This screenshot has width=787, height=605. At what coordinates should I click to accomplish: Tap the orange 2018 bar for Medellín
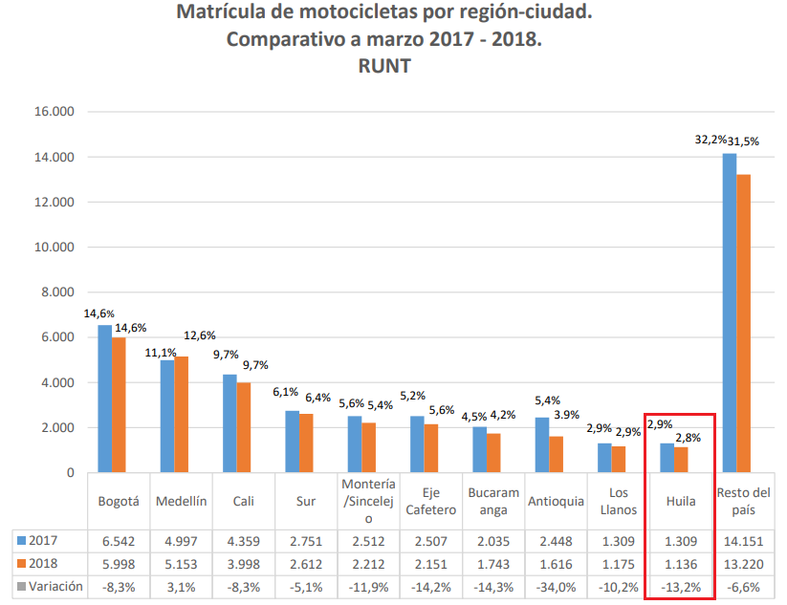(182, 414)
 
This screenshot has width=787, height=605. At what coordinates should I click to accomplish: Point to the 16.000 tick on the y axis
(55, 112)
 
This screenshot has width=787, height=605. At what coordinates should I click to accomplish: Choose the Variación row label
(49, 586)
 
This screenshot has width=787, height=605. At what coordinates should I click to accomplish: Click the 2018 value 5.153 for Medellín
(181, 563)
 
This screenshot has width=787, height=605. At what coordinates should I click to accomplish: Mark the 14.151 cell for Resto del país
(743, 539)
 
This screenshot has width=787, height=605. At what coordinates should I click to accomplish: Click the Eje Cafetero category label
(430, 502)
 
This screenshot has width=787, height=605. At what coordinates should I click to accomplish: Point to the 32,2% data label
(710, 140)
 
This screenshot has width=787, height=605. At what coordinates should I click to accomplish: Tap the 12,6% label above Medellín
(201, 335)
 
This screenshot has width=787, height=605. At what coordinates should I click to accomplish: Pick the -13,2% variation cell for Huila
(680, 586)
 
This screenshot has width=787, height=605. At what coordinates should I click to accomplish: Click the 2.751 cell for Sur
(305, 539)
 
